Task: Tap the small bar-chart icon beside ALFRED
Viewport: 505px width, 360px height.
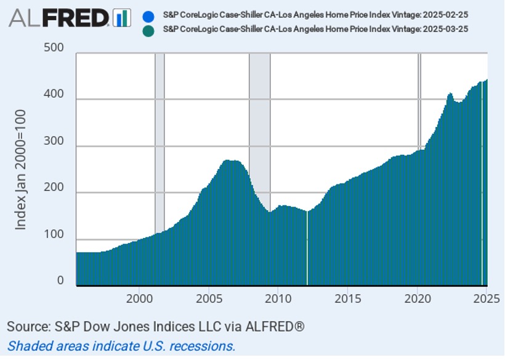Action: pos(122,18)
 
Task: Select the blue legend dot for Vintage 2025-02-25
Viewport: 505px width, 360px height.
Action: pos(147,17)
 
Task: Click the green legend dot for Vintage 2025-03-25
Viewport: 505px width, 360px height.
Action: pos(147,30)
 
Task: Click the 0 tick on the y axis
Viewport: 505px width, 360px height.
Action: pos(60,280)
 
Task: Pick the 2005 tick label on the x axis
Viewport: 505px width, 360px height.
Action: pos(208,299)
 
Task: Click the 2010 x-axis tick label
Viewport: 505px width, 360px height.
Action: pos(278,299)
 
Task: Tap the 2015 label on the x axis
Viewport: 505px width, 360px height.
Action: pos(347,299)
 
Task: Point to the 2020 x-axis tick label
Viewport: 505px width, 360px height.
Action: pos(417,299)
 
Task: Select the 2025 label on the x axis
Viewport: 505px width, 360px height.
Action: pos(485,299)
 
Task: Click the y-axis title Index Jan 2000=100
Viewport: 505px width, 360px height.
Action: pos(21,170)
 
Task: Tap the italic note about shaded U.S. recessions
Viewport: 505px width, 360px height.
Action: pos(121,345)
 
